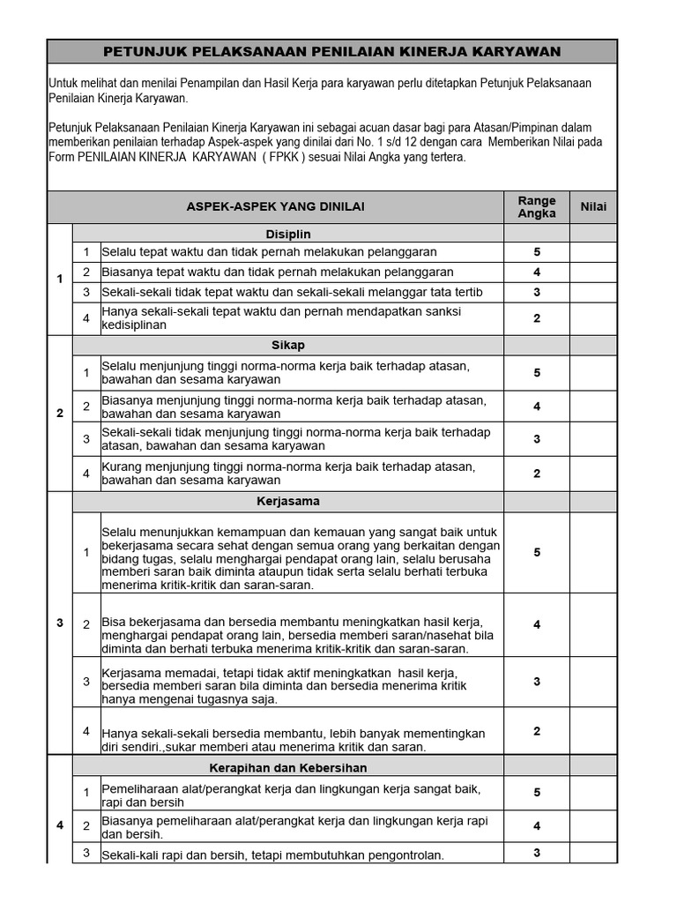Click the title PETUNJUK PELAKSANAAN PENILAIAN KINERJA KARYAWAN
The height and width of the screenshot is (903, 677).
tap(332, 52)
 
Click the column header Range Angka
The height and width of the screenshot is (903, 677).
tap(536, 207)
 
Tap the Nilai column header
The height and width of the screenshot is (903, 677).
tap(592, 207)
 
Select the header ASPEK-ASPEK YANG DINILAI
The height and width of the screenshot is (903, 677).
tap(275, 207)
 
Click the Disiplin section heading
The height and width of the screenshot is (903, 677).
tap(288, 235)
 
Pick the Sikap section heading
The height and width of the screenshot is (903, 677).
tap(288, 345)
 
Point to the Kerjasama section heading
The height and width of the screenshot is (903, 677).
tap(288, 502)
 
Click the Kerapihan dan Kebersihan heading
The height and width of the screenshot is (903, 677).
tap(288, 768)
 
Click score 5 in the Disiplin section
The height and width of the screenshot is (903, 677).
tap(536, 252)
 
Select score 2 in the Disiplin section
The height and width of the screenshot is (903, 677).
tap(536, 318)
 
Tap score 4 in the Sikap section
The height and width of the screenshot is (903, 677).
tap(536, 407)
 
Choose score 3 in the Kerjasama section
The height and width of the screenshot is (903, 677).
tap(536, 682)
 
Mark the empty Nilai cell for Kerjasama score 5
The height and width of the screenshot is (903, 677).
tap(592, 553)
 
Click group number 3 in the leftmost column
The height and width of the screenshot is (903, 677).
tap(60, 623)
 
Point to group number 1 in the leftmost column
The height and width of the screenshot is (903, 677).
tap(60, 280)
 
